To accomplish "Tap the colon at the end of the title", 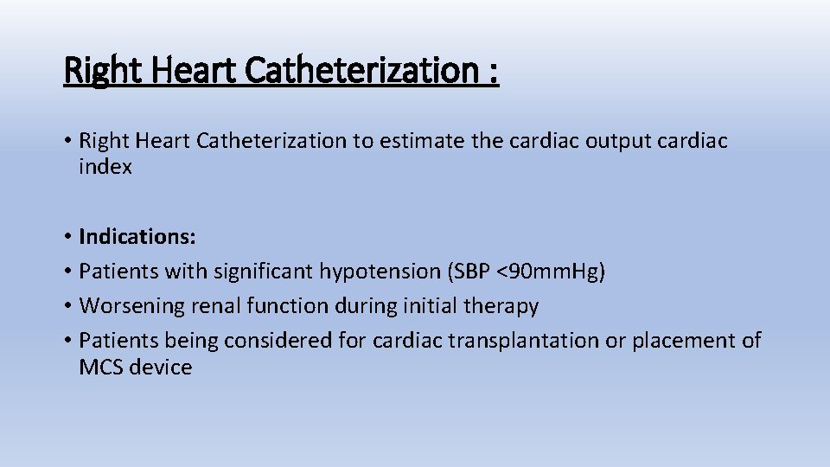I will click(x=493, y=70).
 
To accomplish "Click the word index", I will click(x=105, y=167).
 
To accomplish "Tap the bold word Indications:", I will click(x=137, y=236).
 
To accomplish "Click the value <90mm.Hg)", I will click(x=551, y=271).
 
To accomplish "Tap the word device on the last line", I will click(x=163, y=367).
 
